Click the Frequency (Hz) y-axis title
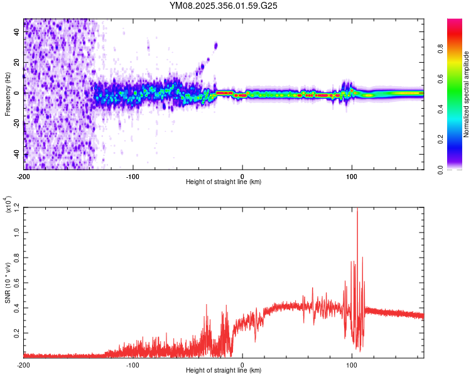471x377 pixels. point(8,94)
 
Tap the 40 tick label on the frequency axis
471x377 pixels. point(17,33)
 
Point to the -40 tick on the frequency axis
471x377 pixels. point(17,155)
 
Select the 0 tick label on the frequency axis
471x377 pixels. point(19,94)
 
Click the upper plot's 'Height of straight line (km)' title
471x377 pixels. point(224,183)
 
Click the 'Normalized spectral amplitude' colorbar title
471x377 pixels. point(467,94)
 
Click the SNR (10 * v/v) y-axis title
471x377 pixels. point(8,283)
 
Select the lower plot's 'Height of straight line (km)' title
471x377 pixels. point(224,371)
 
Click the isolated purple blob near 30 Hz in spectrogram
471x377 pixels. point(215,45)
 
